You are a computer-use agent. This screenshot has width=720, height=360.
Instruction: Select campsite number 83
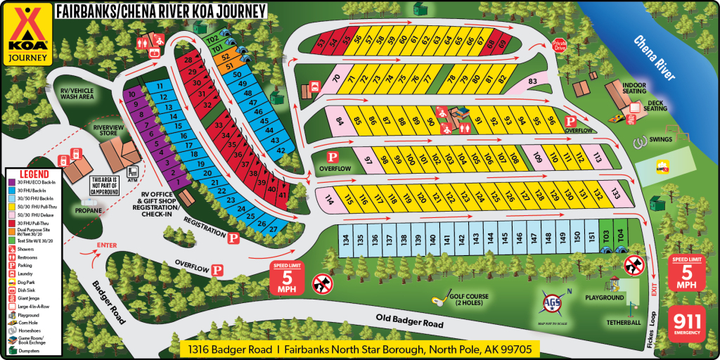532,82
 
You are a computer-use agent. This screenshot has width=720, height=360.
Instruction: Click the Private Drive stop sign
559,44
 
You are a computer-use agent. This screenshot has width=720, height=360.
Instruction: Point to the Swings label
661,139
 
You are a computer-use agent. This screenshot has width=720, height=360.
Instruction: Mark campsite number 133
615,194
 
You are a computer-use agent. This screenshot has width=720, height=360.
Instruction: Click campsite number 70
337,79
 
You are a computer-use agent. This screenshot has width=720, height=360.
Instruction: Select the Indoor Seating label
635,88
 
